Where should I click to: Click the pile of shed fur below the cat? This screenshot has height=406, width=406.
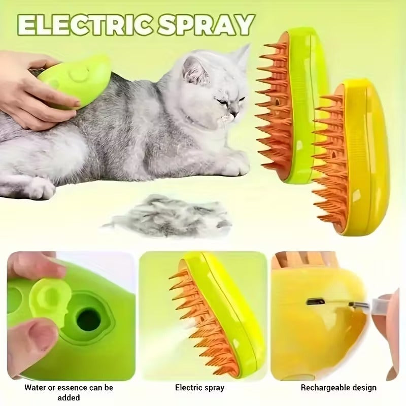coord(167,216)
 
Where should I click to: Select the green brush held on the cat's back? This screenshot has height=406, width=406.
coord(76,79)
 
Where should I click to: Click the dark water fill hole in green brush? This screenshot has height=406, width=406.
coord(88,319)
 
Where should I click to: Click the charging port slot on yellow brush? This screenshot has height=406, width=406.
coord(315,301)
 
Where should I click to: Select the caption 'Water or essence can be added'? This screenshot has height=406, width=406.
coord(69,392)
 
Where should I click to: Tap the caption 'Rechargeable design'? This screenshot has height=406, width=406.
coord(339,388)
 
